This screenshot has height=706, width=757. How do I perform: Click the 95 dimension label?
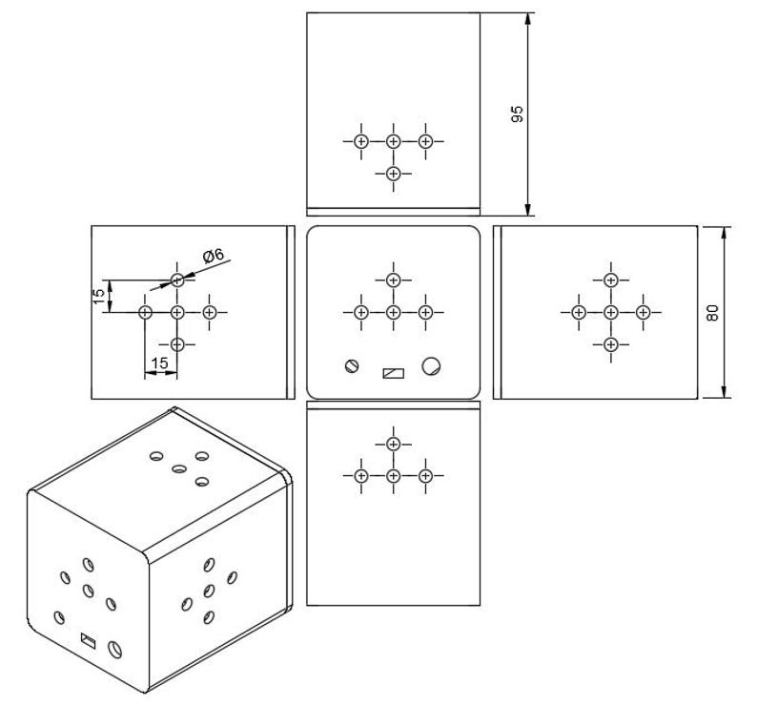[517, 114]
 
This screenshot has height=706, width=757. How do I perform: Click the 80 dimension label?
[712, 313]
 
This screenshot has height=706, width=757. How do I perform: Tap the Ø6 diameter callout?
[214, 256]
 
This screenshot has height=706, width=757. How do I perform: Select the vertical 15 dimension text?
[98, 296]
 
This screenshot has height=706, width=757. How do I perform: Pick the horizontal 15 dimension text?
[160, 363]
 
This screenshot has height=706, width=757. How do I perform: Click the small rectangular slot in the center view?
[394, 373]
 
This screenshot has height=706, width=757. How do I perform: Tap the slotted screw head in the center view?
[352, 365]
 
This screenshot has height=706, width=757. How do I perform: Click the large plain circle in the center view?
[431, 365]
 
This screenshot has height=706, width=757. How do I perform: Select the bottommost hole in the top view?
[394, 174]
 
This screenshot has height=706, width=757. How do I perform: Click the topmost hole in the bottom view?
[394, 444]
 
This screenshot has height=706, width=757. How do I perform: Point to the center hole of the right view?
[611, 313]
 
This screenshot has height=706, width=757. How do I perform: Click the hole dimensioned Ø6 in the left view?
[177, 280]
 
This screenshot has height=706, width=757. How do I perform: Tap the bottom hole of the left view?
[177, 344]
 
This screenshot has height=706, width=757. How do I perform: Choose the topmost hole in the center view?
[394, 280]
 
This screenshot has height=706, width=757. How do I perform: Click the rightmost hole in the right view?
[643, 313]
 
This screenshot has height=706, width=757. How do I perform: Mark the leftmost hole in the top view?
[361, 141]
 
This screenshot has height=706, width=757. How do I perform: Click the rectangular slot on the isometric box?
[88, 641]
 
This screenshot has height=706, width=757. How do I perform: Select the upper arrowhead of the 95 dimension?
[528, 19]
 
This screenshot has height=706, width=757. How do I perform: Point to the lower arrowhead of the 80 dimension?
[724, 392]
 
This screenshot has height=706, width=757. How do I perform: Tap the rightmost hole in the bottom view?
[425, 476]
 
